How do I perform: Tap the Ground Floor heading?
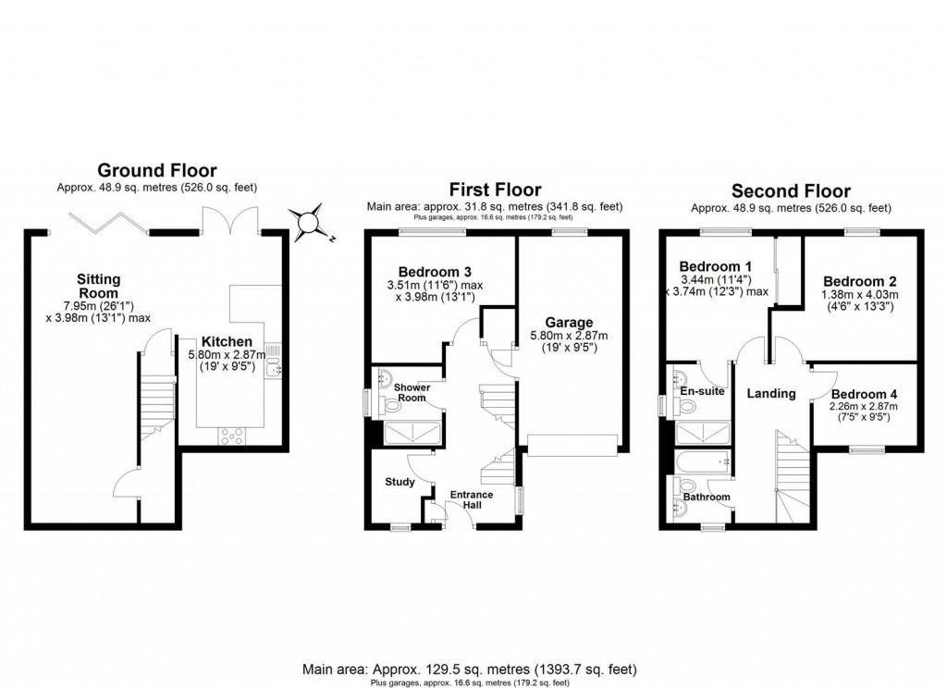(x=157, y=170)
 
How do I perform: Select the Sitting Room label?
(x=99, y=286)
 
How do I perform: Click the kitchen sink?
(x=271, y=369)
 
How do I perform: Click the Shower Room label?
(x=411, y=392)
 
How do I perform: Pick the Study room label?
(x=400, y=482)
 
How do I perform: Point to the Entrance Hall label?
(x=472, y=500)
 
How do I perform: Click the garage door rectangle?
(x=572, y=446)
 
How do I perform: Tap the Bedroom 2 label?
(x=860, y=280)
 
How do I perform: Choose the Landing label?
(x=771, y=393)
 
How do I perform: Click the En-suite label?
(x=702, y=391)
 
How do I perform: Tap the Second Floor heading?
(x=791, y=190)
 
